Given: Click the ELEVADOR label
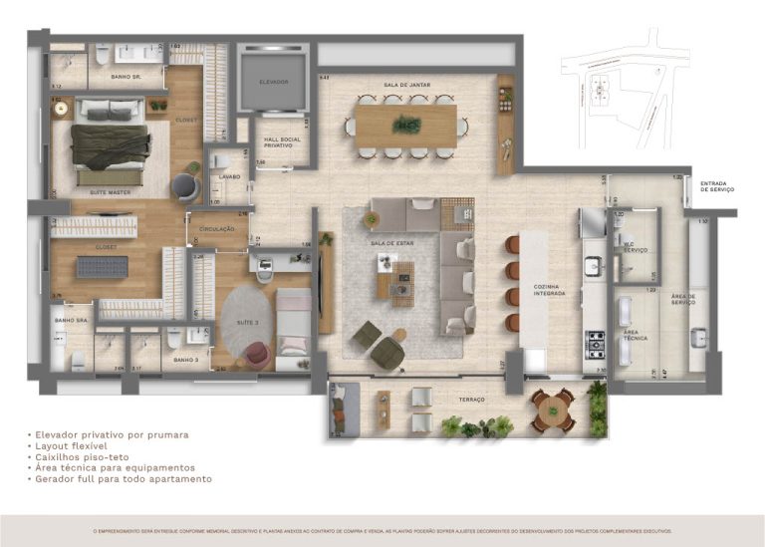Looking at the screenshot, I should (x=273, y=81).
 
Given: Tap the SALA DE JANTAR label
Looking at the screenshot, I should (x=404, y=87).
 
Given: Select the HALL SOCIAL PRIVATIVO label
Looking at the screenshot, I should (x=278, y=142).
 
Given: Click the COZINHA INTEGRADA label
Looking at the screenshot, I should (x=549, y=290).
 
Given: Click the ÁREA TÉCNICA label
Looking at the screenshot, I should (x=637, y=335).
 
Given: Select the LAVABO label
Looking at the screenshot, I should (x=229, y=177).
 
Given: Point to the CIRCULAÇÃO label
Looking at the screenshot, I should (x=216, y=228).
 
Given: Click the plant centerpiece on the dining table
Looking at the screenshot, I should (x=405, y=125).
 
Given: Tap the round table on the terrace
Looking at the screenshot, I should (x=552, y=408).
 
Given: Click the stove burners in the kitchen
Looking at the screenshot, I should (x=596, y=344).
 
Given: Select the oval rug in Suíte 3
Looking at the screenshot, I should (x=247, y=322).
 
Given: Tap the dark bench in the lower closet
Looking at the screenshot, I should (x=103, y=266).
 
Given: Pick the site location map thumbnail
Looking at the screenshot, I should (x=624, y=90).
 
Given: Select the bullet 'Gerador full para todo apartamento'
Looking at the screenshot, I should (x=123, y=478).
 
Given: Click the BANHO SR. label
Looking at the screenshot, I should (x=125, y=77).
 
